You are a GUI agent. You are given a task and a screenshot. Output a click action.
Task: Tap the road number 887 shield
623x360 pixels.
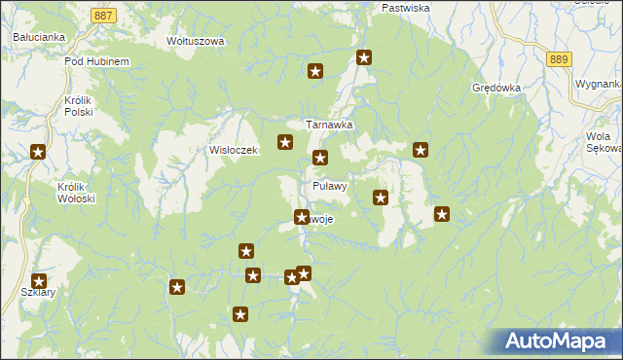[x=105, y=16]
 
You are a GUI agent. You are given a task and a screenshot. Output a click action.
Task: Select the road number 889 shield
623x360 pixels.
[x=558, y=59]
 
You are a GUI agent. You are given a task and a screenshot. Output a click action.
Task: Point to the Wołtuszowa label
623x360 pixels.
[x=196, y=42]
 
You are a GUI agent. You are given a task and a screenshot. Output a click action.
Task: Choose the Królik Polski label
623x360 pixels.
[x=77, y=106]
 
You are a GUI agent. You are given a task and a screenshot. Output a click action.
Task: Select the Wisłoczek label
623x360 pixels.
[x=233, y=151]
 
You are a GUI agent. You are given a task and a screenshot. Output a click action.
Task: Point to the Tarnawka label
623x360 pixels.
[x=329, y=126]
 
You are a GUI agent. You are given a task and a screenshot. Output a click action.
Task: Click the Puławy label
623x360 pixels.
[x=330, y=186]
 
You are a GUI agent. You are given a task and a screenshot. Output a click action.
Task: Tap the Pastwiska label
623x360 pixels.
[x=406, y=8]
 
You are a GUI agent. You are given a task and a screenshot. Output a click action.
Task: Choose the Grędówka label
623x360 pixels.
[x=496, y=88]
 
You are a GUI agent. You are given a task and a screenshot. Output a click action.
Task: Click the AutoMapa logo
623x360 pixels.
[x=557, y=342]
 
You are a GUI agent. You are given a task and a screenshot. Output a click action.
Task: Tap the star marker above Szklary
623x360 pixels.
[x=39, y=281]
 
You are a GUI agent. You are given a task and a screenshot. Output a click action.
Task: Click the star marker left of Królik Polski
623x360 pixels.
[x=38, y=151]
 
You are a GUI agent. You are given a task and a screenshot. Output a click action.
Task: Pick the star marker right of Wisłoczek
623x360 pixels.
[x=285, y=142]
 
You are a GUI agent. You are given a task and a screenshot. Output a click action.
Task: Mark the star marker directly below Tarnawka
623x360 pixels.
[x=319, y=158]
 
